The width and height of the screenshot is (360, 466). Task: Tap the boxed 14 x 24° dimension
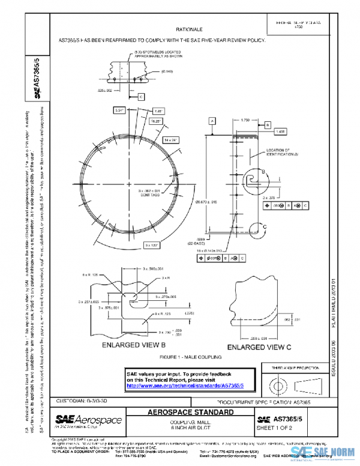click(171, 139)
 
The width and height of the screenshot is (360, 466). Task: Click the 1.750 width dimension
click(245, 120)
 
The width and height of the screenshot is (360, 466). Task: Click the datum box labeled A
click(212, 121)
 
